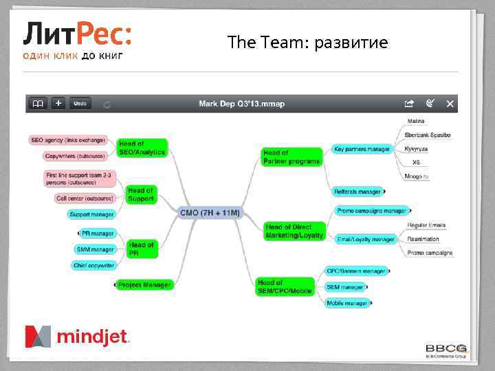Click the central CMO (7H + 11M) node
coord(210,213)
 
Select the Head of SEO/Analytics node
coord(142,148)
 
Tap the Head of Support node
coord(141,194)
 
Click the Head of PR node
coord(142,249)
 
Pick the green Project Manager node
coord(144,284)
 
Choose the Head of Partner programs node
coord(291,157)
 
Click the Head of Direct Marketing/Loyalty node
coord(294,231)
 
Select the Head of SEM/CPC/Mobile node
coord(285,286)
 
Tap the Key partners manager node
coord(362,148)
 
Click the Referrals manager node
coord(357,192)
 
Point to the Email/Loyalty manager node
coord(366,239)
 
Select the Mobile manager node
coord(346,302)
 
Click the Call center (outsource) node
coord(84,199)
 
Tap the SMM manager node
coord(95,249)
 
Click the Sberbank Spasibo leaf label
coord(428,135)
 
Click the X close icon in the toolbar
coord(450,104)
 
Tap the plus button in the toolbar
coord(58,103)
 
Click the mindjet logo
coord(77,337)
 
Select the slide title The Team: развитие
coord(307,43)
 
